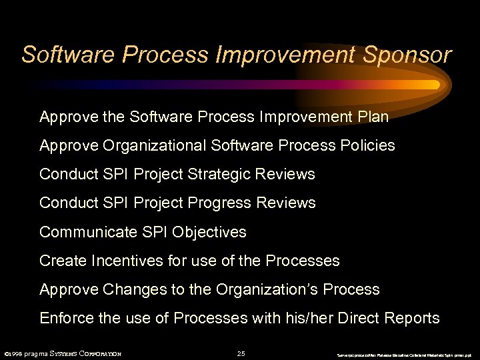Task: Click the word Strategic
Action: (x=220, y=175)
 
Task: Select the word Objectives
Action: (x=209, y=232)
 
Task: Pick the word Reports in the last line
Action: (x=413, y=319)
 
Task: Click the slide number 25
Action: (x=241, y=353)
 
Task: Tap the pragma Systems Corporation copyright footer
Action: (x=63, y=353)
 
